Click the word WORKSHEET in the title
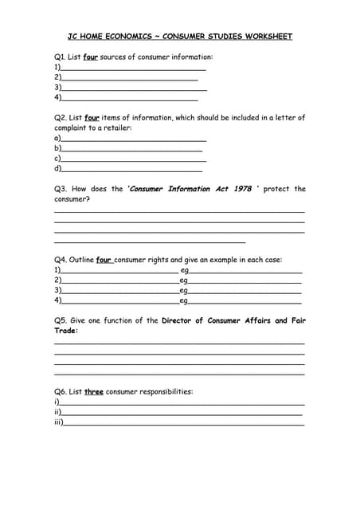point(268,37)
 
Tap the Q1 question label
point(59,57)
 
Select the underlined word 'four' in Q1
point(91,57)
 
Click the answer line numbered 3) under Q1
point(134,89)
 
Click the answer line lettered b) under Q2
point(131,150)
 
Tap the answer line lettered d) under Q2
point(131,170)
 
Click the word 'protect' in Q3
point(276,189)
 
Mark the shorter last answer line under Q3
point(150,241)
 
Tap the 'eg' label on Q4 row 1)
point(184,271)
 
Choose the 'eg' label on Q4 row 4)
point(184,301)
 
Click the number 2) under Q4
point(57,280)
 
